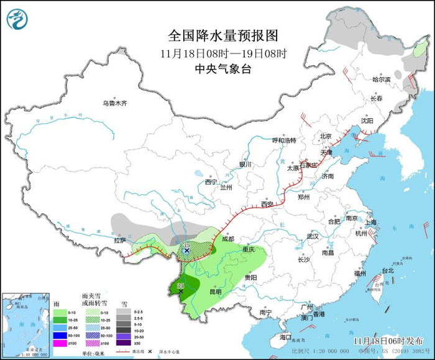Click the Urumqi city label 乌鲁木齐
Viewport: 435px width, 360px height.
114,103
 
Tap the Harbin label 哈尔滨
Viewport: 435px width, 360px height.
381,80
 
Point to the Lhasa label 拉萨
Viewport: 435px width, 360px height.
120,240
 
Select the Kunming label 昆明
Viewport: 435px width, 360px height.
215,291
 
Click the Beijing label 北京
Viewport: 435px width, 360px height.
326,136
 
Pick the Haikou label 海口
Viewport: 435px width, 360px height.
285,336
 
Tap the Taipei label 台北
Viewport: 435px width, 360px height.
387,271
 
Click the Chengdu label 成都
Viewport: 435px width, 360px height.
227,239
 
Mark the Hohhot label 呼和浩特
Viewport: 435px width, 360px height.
285,141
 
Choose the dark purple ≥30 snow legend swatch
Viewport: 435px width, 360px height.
125,343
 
